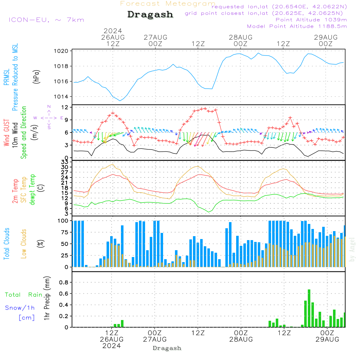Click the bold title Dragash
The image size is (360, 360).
[x=150, y=15]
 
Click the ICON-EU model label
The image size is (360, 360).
[x=46, y=20]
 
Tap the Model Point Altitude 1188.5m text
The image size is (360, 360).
[x=297, y=26]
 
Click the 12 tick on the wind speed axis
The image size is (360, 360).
[x=65, y=107]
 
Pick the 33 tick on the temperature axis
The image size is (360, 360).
[x=65, y=162]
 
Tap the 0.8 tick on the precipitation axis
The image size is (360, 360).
[x=64, y=282]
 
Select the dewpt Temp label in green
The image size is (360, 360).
[x=32, y=190]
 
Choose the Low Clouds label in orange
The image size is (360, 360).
[x=24, y=243]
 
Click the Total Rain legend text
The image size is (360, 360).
[x=23, y=294]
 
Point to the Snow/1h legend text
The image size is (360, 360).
[x=20, y=308]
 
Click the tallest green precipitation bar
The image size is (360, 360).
[x=309, y=308]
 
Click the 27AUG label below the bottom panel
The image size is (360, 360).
[x=155, y=339]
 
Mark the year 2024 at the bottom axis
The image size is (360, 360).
[x=112, y=346]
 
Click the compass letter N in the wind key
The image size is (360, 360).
[x=49, y=107]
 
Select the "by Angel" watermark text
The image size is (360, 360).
[x=352, y=250]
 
